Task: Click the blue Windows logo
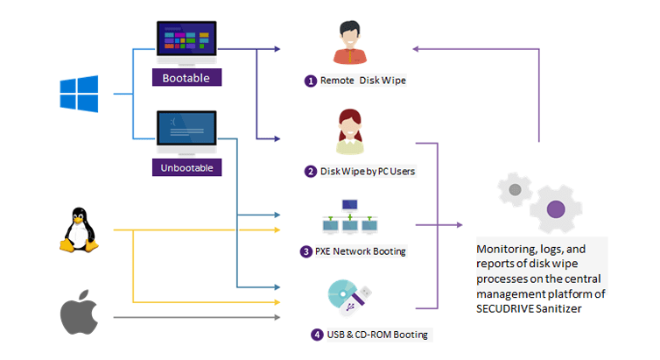(x=78, y=94)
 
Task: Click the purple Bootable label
(x=186, y=78)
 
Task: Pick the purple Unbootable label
(x=186, y=166)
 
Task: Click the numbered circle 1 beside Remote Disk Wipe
(x=310, y=81)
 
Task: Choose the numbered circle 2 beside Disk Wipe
(x=310, y=172)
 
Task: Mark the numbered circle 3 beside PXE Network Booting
(x=305, y=251)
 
